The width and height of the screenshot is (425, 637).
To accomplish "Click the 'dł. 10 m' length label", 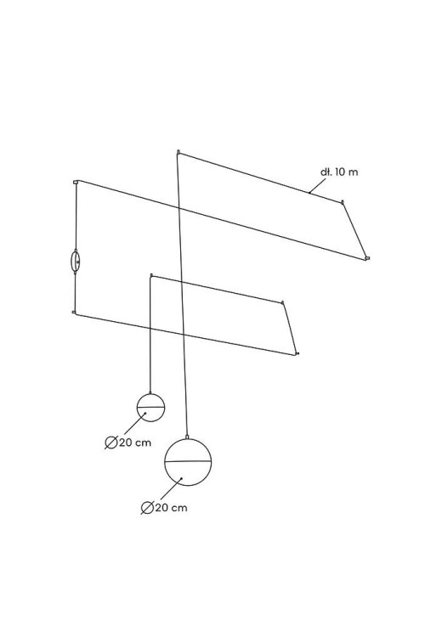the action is coord(339,172).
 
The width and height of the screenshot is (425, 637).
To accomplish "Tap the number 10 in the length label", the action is coord(340,172).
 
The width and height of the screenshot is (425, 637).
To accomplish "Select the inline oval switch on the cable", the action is coord(76,262).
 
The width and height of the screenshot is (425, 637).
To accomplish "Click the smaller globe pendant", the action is coord(151,408).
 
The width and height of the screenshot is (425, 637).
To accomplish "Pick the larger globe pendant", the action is coord(188,462).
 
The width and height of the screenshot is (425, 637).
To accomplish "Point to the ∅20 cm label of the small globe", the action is coord(127,443).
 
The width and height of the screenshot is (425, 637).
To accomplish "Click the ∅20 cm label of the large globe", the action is coord(164,508).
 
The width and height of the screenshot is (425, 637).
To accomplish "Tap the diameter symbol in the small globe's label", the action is coord(111,443).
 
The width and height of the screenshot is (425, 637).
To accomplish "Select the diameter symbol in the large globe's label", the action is coord(147,508).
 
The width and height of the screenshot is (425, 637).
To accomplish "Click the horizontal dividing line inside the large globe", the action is coord(188,461).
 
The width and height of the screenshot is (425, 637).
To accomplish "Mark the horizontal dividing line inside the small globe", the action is coord(151,407).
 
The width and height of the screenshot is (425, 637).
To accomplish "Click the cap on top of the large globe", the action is coord(187,437).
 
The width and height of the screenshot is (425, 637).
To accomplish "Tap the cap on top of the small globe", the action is coord(150,392).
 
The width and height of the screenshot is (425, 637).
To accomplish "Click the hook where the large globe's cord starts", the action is coord(178,152).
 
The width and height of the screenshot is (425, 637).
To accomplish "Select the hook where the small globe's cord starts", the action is coord(151,275).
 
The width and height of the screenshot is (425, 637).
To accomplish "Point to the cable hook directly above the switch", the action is coord(76,182).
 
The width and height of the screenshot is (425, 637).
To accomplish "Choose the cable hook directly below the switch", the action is coord(74,312).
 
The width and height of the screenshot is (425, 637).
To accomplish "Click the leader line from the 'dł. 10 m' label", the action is coord(318,186).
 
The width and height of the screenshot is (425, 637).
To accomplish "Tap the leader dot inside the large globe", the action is coord(181,478).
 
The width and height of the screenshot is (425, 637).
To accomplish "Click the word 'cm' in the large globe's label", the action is coord(179,508).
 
